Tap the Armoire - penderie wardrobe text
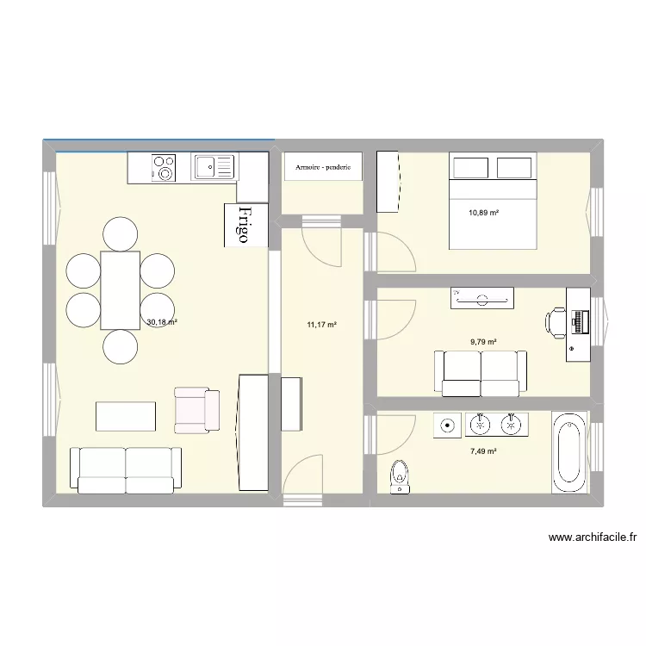pyautogui.click(x=323, y=167)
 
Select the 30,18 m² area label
pyautogui.click(x=162, y=322)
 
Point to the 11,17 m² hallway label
pyautogui.click(x=322, y=325)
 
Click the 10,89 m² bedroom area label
pyautogui.click(x=484, y=213)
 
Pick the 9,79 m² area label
pyautogui.click(x=483, y=342)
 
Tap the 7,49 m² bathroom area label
pyautogui.click(x=483, y=451)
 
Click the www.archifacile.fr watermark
pyautogui.click(x=593, y=537)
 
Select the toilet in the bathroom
pyautogui.click(x=400, y=476)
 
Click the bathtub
pyautogui.click(x=569, y=453)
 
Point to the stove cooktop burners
pyautogui.click(x=164, y=168)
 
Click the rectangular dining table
pyautogui.click(x=121, y=290)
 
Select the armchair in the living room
pyautogui.click(x=196, y=410)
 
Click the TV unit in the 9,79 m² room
pyautogui.click(x=482, y=298)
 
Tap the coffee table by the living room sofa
pyautogui.click(x=126, y=417)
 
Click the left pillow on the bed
pyautogui.click(x=470, y=168)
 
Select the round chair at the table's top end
pyautogui.click(x=121, y=234)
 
